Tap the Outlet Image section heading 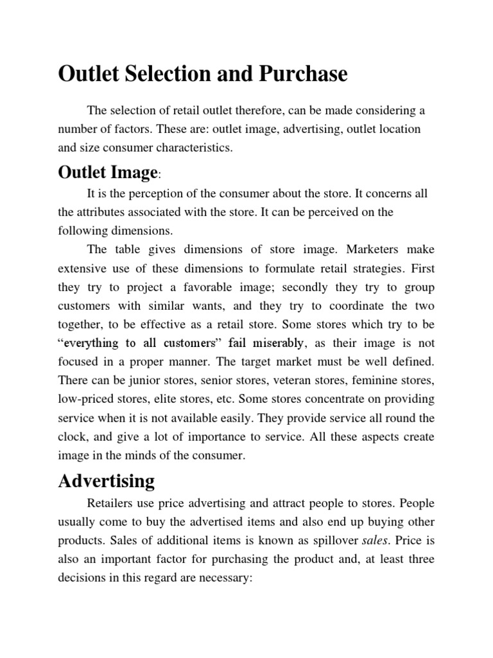point(107,172)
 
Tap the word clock point(72,437)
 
